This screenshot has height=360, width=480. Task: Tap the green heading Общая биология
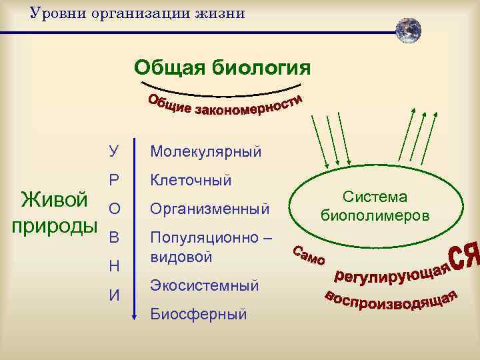(x=222, y=67)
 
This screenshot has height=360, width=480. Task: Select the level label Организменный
(x=209, y=209)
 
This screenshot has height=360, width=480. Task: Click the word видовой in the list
(x=181, y=256)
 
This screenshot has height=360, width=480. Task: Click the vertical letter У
(x=114, y=152)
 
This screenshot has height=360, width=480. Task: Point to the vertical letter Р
(x=114, y=180)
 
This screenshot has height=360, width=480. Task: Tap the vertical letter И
(x=114, y=294)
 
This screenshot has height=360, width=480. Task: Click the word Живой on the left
(x=54, y=199)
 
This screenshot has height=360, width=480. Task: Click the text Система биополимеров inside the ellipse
(x=375, y=206)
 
